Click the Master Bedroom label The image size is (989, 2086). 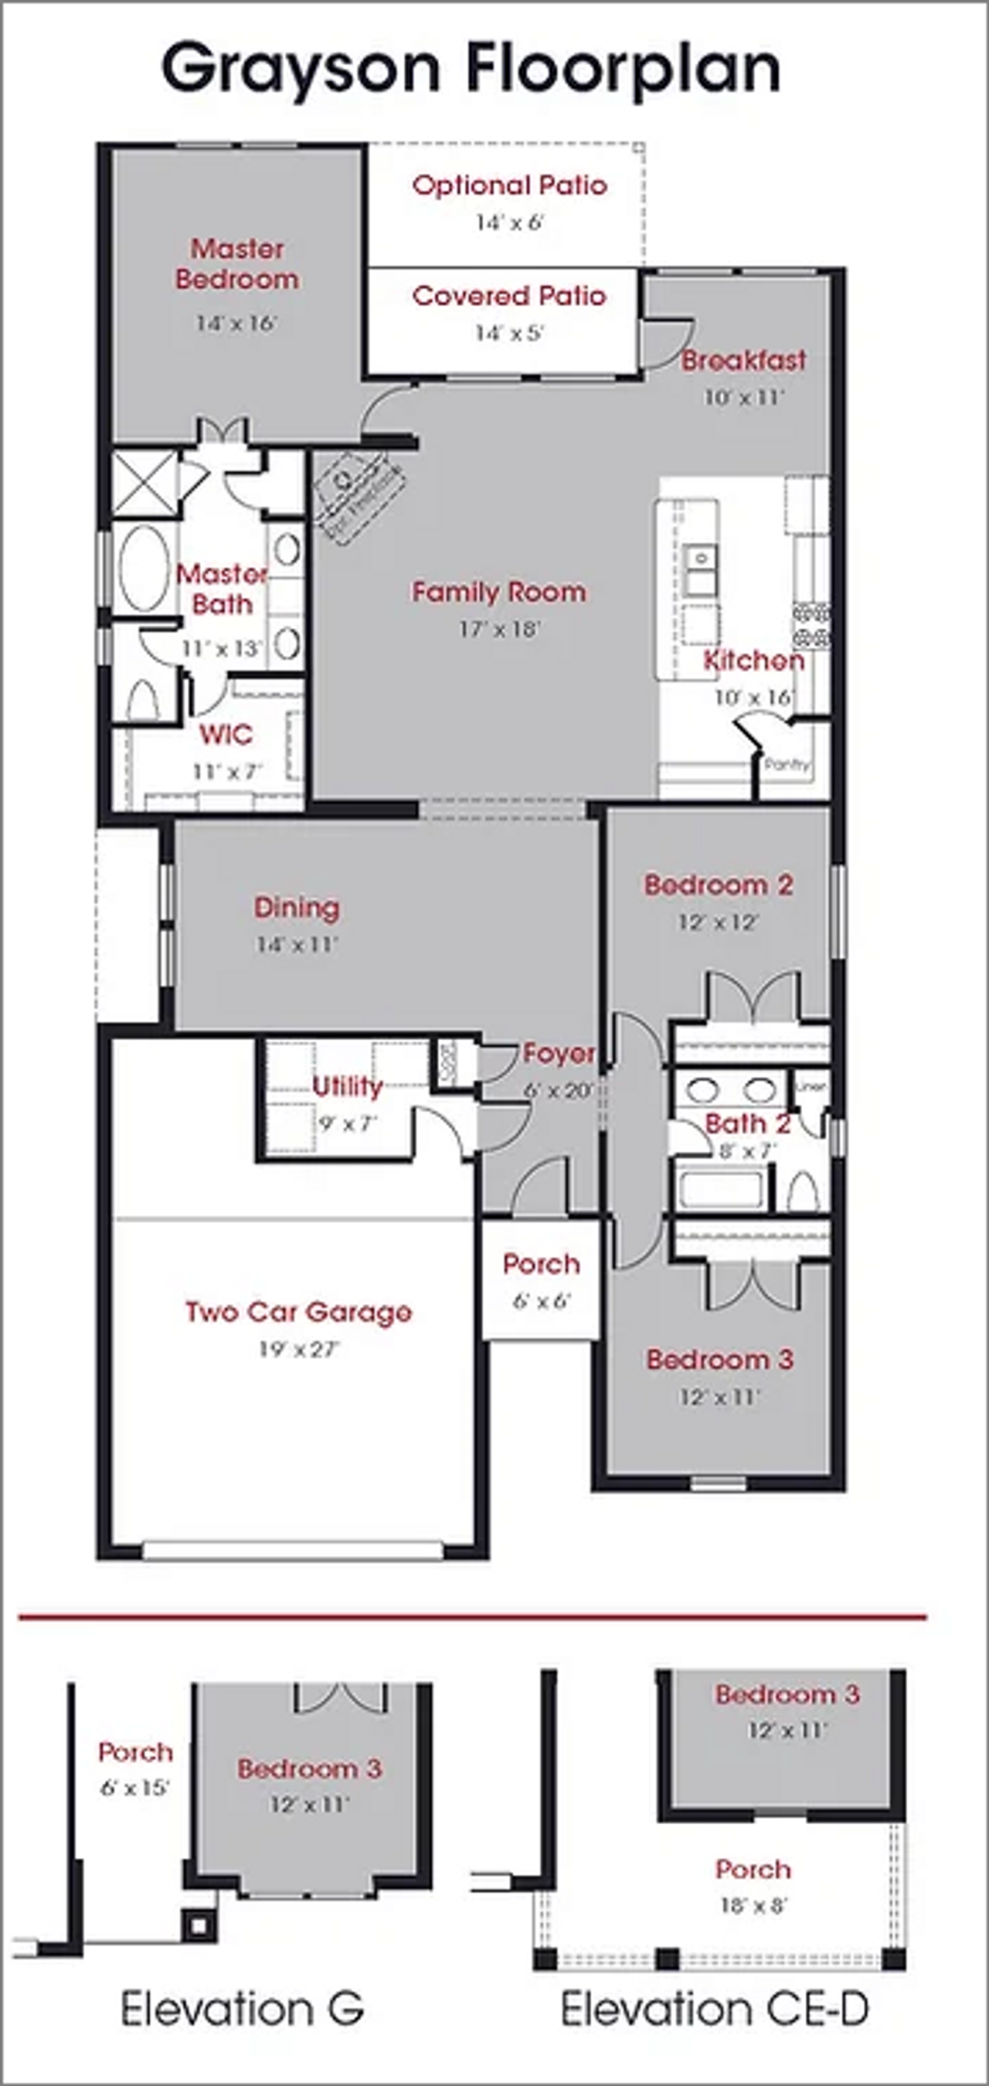click(x=236, y=264)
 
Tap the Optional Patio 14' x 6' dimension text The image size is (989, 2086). click(x=508, y=223)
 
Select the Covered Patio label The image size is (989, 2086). click(x=508, y=297)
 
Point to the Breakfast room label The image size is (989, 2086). click(x=743, y=361)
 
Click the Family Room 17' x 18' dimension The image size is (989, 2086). click(x=499, y=629)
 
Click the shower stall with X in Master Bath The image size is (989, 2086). click(x=144, y=484)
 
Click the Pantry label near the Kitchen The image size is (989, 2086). click(x=786, y=763)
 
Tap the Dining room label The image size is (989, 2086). click(x=297, y=908)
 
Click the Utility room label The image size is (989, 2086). click(x=347, y=1087)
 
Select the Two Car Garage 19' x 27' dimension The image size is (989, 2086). click(x=299, y=1349)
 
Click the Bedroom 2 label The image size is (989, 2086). click(x=718, y=885)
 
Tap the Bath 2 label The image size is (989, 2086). click(x=747, y=1124)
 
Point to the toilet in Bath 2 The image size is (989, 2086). click(x=803, y=1191)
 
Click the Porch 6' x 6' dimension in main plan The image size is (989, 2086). click(x=541, y=1300)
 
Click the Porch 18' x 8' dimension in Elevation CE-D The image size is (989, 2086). click(x=753, y=1905)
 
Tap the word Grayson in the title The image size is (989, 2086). click(x=300, y=70)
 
